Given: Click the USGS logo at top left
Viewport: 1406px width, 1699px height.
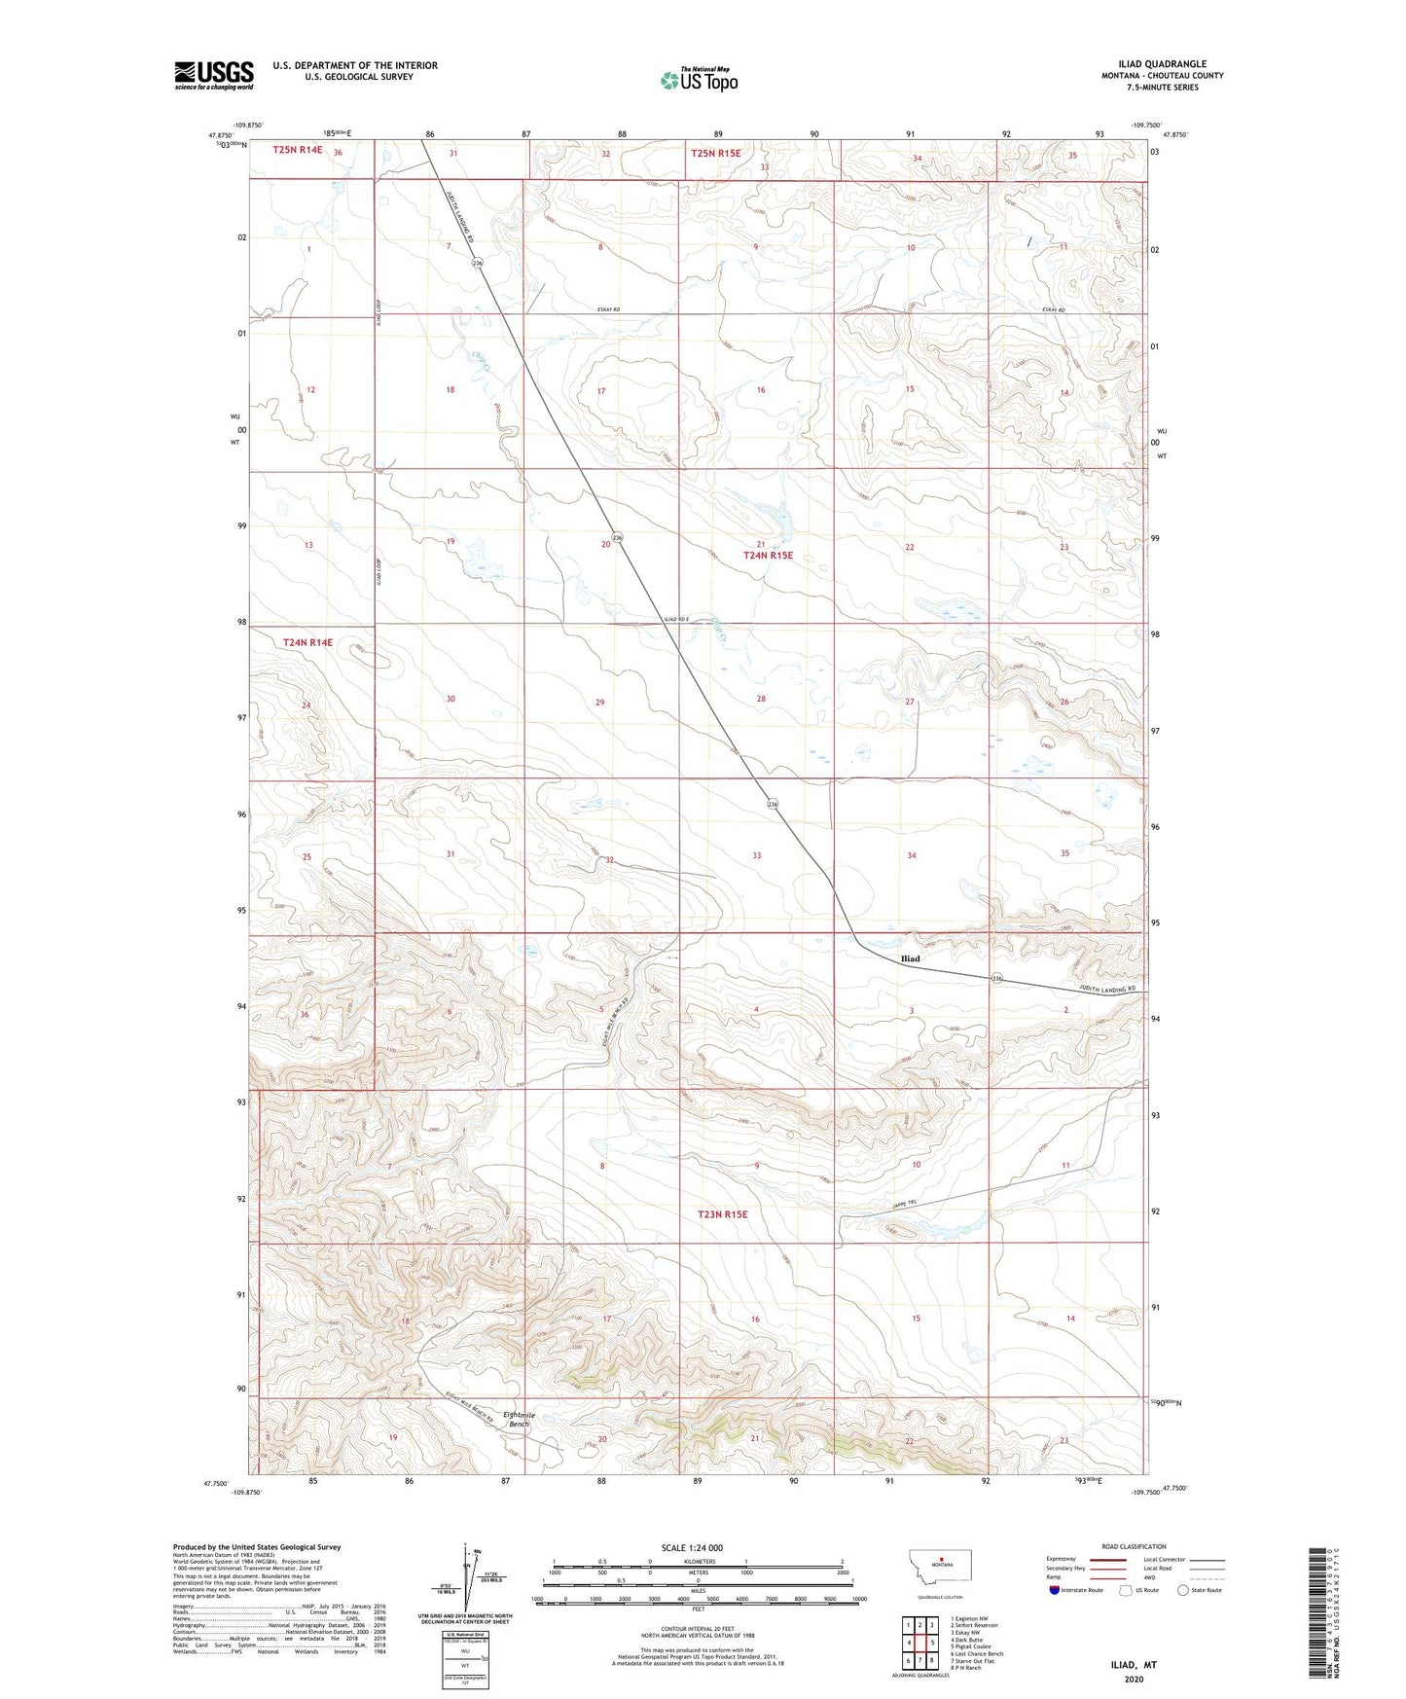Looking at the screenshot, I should click(213, 75).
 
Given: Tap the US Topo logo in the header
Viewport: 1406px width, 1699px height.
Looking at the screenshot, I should click(698, 81).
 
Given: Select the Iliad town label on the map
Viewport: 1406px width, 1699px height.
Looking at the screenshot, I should click(910, 958).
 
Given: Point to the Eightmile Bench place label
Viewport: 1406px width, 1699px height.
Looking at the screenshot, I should click(519, 1419).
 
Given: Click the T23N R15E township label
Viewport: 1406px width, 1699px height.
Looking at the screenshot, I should click(722, 1214).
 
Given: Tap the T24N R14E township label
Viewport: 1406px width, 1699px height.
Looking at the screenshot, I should click(307, 642).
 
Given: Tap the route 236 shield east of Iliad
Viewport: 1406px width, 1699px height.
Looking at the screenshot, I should click(995, 978).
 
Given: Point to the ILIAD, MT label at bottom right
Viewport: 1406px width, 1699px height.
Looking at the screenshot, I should click(1134, 1665).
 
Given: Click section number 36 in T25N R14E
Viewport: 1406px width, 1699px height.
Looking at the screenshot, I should click(338, 153).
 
